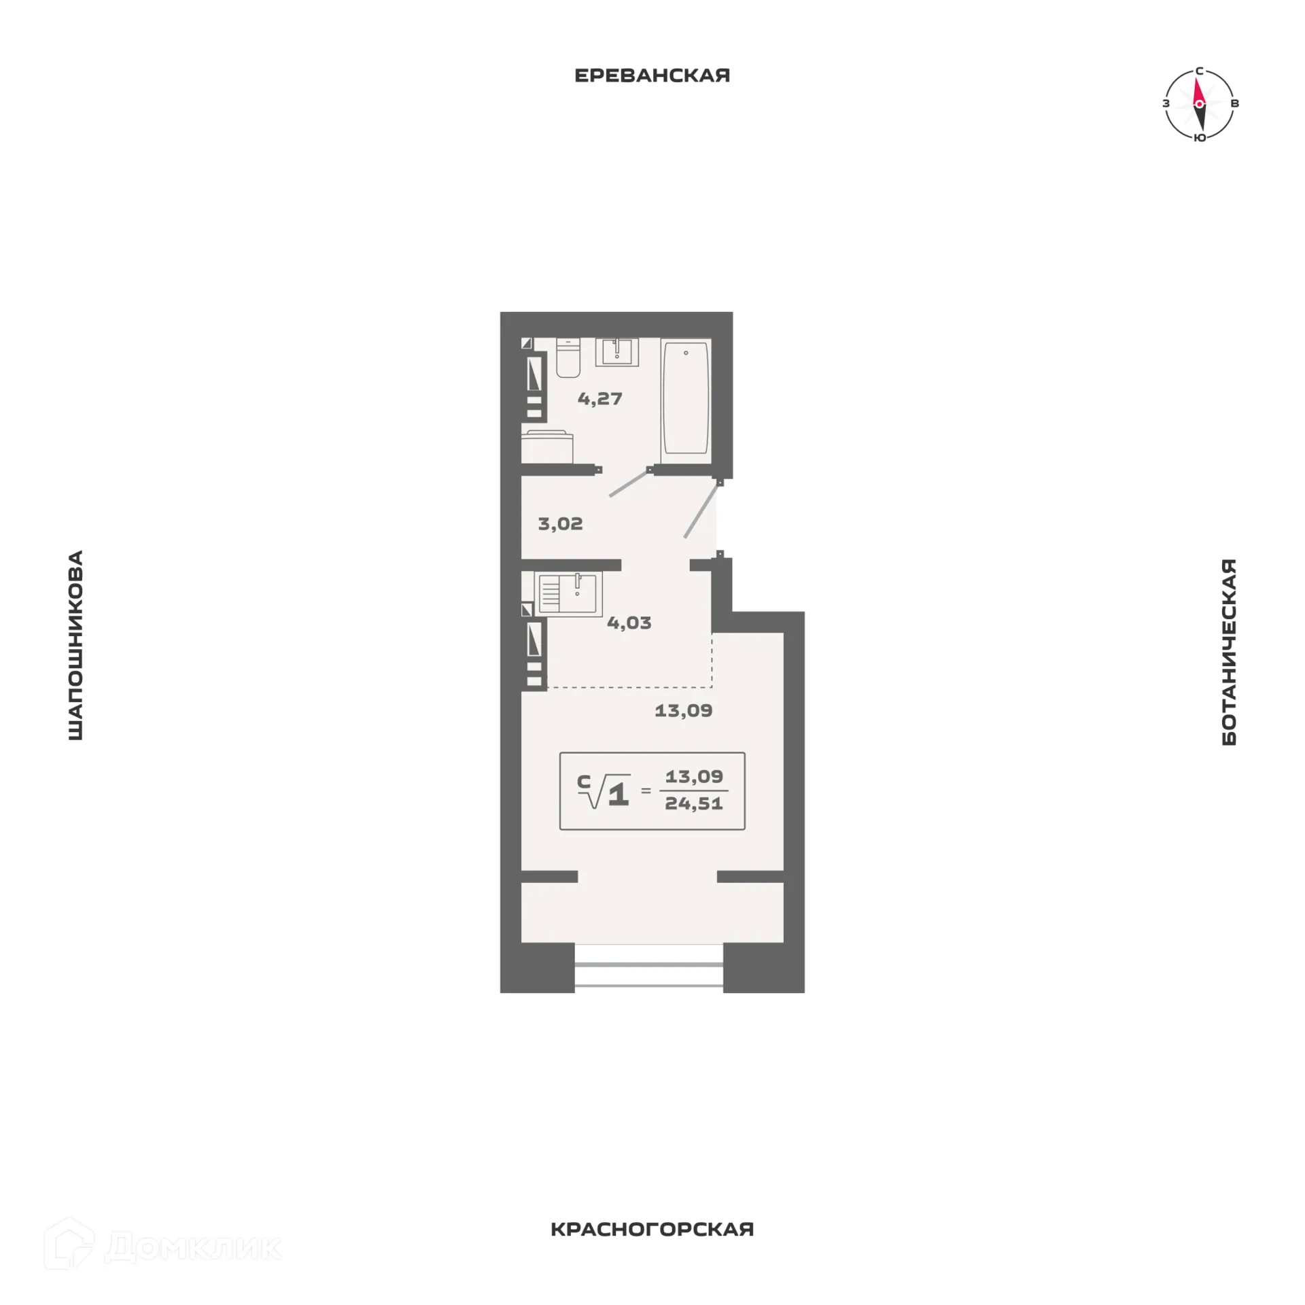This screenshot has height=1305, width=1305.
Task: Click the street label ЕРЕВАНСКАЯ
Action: [x=652, y=75]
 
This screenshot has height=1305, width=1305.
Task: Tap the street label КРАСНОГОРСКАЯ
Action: [x=652, y=1230]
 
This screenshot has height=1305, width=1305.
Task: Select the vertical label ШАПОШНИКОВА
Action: [x=75, y=645]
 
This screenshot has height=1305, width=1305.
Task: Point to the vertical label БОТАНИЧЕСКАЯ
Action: [x=1229, y=652]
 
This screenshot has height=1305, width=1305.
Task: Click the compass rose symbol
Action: [x=1200, y=104]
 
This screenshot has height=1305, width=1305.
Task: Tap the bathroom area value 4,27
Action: [x=599, y=399]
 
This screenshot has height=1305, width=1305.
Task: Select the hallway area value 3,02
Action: [x=560, y=524]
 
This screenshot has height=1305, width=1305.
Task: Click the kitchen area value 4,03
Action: [x=629, y=623]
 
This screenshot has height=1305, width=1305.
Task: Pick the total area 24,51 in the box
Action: [x=693, y=803]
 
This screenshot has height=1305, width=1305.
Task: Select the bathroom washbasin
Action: [x=617, y=352]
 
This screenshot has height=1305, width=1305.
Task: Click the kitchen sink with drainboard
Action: [x=568, y=593]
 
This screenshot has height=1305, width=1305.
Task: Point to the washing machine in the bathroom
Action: [x=547, y=447]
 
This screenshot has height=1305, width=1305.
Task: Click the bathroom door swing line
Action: [x=628, y=483]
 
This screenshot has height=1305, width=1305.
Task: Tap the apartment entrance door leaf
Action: [x=701, y=510]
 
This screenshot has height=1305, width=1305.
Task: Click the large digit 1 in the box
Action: [x=618, y=794]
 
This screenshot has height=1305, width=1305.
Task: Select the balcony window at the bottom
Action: [x=648, y=974]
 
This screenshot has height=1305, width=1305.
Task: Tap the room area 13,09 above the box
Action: [x=683, y=711]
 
